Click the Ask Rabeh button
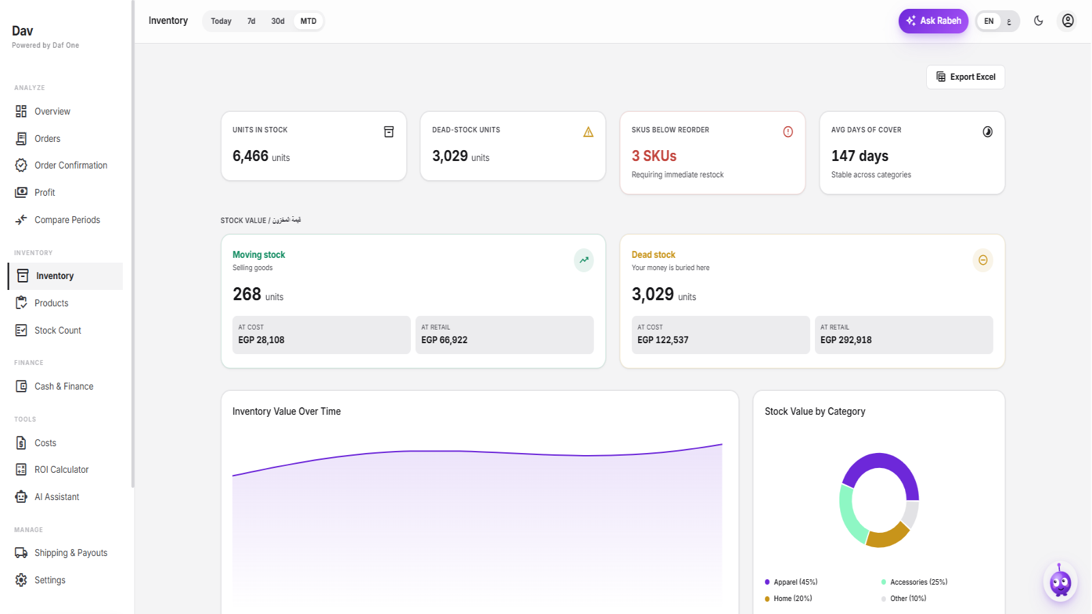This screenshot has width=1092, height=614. coord(933,21)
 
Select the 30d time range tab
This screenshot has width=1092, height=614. coord(277,21)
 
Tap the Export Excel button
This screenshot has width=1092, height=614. coord(965,77)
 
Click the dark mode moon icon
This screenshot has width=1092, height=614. coord(1038,21)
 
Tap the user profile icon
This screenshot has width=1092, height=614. coord(1067,21)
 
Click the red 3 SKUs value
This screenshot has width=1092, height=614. coord(654,156)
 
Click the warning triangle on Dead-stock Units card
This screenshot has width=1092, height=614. coord(588,132)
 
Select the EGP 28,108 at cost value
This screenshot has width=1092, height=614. coord(261,340)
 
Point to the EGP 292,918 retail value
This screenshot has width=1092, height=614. coord(846,340)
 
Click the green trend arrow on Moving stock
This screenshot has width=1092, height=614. coord(584,260)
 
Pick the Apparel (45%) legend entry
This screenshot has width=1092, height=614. coord(791,582)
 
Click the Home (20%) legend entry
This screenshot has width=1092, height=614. coord(788,598)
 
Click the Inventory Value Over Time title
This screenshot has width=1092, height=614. coord(287,412)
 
